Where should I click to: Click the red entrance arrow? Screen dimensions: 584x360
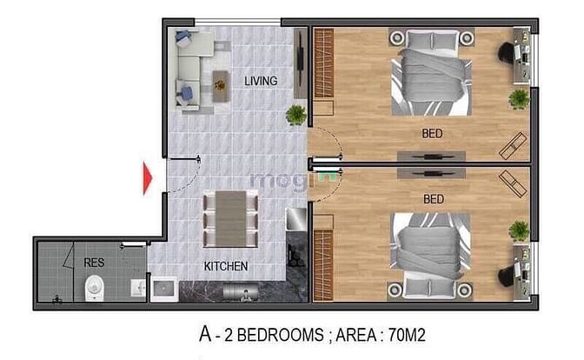coord(148,178)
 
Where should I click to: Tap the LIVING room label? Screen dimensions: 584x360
coord(261,81)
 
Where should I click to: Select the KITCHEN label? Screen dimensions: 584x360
coord(226,266)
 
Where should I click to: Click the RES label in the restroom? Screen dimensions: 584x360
coord(94,263)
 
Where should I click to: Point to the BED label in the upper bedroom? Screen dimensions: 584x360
coord(432,133)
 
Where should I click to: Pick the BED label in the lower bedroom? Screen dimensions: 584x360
coord(434,199)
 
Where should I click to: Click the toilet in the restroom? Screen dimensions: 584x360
coord(94,288)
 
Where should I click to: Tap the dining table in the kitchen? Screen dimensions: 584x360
coord(231,218)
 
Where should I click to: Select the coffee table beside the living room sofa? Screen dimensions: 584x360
coord(221,86)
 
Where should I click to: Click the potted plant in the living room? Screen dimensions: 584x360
coord(296,115)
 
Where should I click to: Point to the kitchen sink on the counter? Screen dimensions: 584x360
coord(164,289)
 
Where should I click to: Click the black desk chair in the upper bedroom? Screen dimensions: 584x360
coord(507,52)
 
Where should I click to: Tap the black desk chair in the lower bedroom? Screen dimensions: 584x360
coord(507,277)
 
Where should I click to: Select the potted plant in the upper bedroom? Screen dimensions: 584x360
coord(519,99)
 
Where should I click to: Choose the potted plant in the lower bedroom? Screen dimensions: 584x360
coord(519,230)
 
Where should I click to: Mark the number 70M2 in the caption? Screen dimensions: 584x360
coord(407,335)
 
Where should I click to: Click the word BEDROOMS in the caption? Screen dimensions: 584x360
coord(280,335)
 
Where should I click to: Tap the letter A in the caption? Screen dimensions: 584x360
coord(205,334)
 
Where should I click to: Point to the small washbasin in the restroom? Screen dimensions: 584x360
coord(138,288)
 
